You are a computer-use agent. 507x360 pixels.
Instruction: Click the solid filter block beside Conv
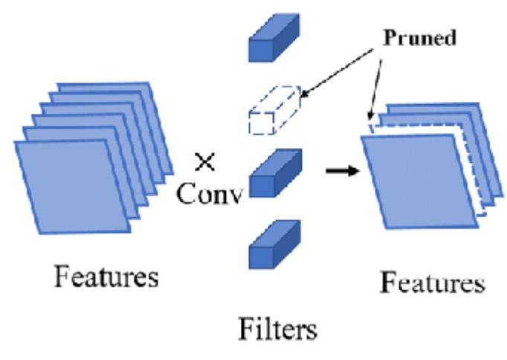[x=274, y=173]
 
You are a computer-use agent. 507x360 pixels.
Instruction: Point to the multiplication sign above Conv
[x=202, y=161]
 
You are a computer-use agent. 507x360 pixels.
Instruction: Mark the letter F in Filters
[x=245, y=327]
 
